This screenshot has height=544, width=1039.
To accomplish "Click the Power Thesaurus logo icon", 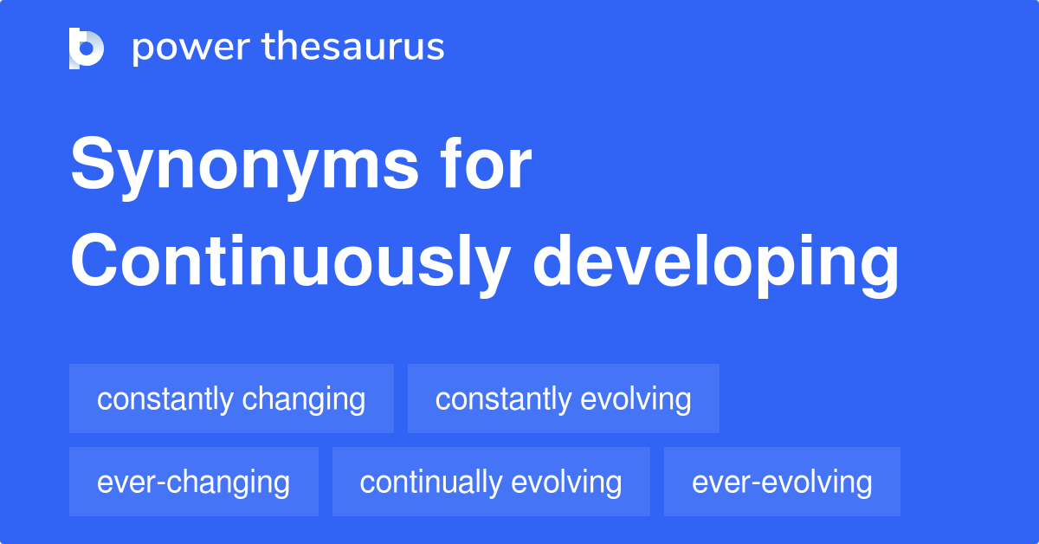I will coord(87,48).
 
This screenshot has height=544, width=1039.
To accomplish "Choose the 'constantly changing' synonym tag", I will coord(231,399).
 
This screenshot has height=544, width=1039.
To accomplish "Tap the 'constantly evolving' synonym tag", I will coord(563,399).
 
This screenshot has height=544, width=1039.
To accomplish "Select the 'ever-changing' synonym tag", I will coord(193,482).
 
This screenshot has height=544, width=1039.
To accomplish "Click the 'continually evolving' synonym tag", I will coord(490,482).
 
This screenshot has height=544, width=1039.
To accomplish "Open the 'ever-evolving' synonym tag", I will coord(781,482).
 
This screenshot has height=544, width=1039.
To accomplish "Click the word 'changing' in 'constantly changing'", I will coord(304,400).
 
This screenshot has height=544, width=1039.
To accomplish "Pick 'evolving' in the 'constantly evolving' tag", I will coord(636,400).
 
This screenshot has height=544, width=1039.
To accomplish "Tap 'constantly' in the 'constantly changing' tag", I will coord(165,399).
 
